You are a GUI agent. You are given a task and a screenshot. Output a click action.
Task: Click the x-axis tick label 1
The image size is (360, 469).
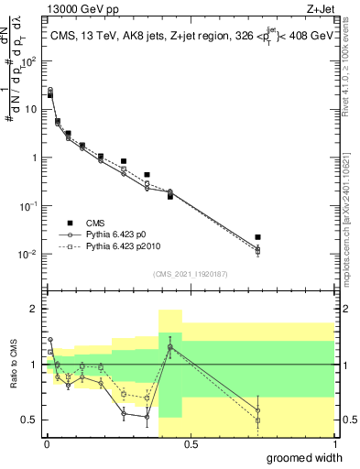[333, 444]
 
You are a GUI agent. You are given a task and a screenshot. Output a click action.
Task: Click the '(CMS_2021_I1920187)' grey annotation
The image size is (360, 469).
[189, 273]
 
